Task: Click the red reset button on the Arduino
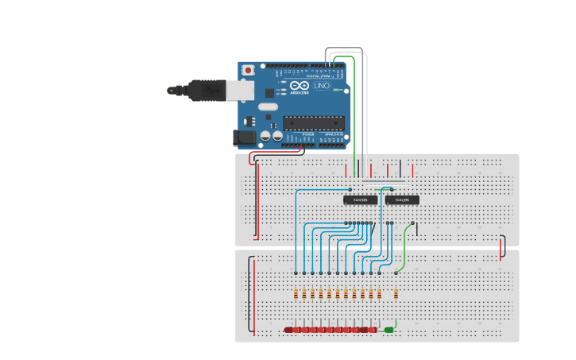click(248, 70)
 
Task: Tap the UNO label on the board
click(322, 86)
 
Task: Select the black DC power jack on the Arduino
click(245, 137)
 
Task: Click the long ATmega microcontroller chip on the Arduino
click(314, 122)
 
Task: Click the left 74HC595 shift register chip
click(360, 200)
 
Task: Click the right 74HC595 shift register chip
click(402, 200)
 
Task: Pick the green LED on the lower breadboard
click(389, 330)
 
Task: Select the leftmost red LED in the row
click(289, 330)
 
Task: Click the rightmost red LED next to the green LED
click(372, 330)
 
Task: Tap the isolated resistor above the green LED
click(396, 294)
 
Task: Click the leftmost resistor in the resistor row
click(296, 294)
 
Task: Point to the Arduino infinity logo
click(300, 86)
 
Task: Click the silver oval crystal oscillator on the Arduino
click(268, 106)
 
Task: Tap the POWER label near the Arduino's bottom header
click(308, 135)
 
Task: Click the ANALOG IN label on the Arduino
click(334, 135)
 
